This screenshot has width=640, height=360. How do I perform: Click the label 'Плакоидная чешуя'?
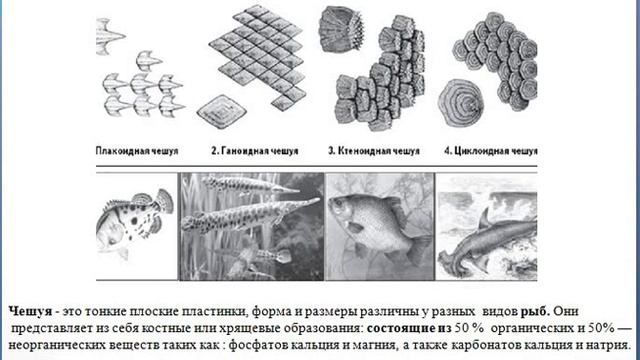pyautogui.click(x=138, y=151)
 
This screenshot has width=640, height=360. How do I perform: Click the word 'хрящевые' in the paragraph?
pyautogui.click(x=231, y=325)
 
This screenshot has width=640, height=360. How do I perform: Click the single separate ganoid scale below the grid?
pyautogui.click(x=222, y=111)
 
